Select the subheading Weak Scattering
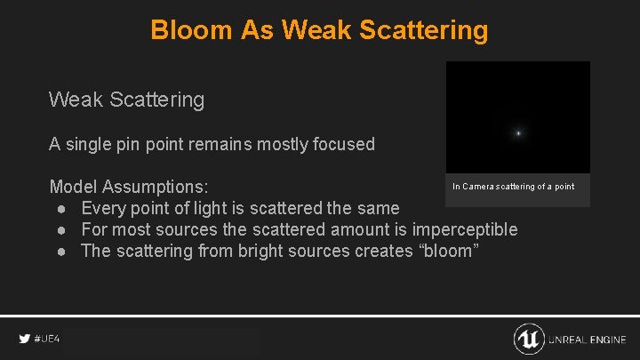(x=126, y=100)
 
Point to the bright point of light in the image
(x=518, y=133)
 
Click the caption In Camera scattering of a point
(x=513, y=187)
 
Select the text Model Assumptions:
(x=129, y=187)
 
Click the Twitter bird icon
(x=24, y=340)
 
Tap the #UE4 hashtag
(x=47, y=340)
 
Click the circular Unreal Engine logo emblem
(x=529, y=339)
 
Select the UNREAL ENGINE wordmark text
(x=588, y=340)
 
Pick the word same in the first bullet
(x=378, y=208)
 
